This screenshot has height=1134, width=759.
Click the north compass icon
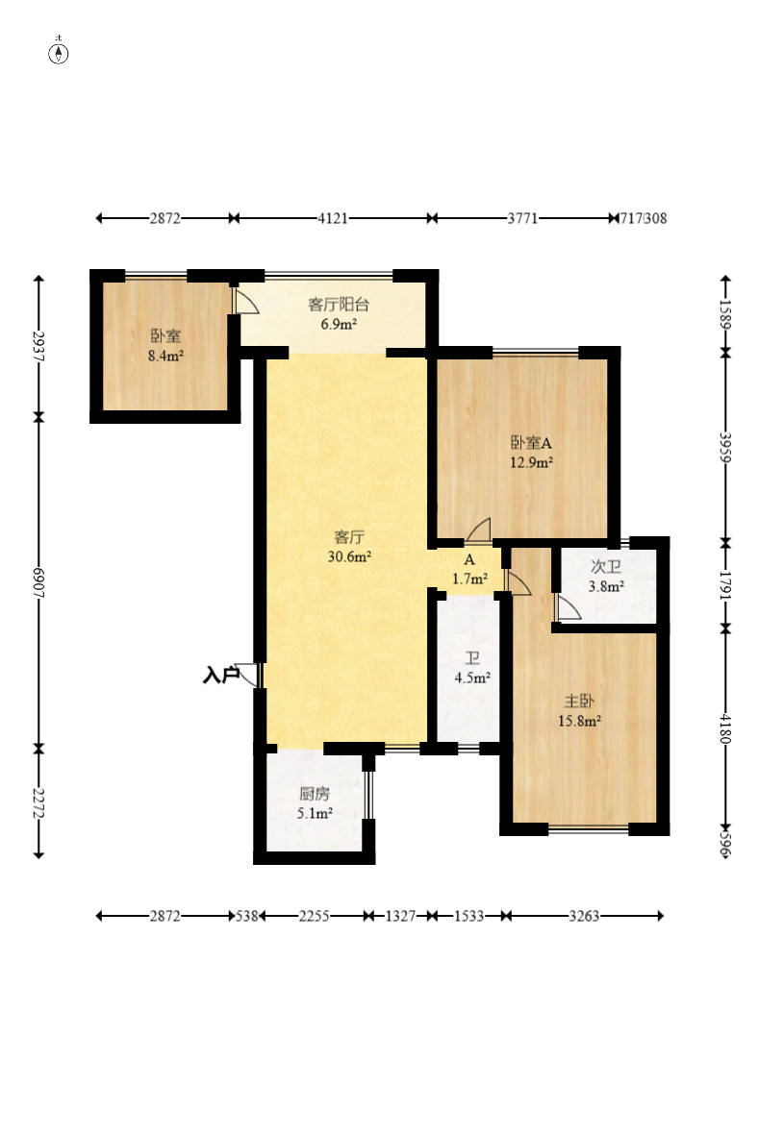59,52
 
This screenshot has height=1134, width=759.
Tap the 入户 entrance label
221,676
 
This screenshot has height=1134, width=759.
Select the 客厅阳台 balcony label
339,305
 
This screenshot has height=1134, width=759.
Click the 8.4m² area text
165,356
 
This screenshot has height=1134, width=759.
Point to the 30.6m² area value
349,556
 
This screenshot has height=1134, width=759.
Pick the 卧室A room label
531,443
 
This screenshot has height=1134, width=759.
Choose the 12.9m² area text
531,463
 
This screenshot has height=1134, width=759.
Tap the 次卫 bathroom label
605,567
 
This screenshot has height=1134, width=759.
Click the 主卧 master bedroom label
579,701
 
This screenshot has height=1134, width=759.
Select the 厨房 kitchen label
315,794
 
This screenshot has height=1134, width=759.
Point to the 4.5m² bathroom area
472,678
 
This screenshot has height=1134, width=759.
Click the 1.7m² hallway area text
469,579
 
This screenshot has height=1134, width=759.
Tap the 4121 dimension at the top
333,218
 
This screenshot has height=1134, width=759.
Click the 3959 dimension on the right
725,448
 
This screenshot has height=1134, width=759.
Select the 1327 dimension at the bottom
400,916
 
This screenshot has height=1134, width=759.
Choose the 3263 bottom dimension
584,916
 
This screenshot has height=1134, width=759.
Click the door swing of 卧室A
478,530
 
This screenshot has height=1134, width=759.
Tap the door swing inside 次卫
567,607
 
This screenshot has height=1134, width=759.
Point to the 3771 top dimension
522,218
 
